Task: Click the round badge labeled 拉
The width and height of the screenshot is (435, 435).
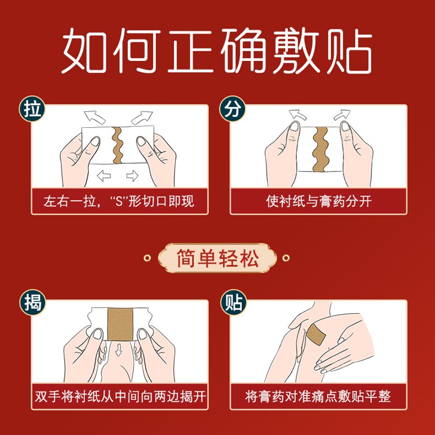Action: click(x=32, y=108)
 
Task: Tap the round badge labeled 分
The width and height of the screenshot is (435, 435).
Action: click(x=233, y=108)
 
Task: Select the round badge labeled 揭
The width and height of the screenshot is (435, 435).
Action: click(x=32, y=302)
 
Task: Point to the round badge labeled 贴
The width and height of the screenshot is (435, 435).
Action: click(x=233, y=302)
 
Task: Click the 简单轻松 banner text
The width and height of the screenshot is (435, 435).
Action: click(x=217, y=258)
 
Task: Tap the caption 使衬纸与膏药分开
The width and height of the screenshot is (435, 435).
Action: click(x=319, y=201)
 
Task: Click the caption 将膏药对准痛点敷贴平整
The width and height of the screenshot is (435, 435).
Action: click(x=318, y=396)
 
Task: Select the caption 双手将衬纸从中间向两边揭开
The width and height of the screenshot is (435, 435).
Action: click(x=120, y=396)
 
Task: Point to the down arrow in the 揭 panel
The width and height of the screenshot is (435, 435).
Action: click(x=119, y=350)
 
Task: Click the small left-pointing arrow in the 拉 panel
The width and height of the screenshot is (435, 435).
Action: click(x=104, y=176)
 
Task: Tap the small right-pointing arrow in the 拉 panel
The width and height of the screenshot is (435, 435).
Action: click(x=132, y=176)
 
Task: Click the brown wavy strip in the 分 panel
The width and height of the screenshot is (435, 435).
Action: click(x=320, y=149)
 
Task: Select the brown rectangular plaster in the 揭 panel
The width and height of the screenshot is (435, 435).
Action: click(x=120, y=324)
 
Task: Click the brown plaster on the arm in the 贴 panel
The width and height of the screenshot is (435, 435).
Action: click(x=316, y=334)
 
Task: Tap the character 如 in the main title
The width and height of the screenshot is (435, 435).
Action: click(x=84, y=51)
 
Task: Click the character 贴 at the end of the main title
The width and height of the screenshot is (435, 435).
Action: click(x=350, y=51)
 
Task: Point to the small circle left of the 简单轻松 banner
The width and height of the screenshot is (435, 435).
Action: click(x=147, y=258)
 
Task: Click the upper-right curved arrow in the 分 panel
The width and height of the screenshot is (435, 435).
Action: click(x=342, y=115)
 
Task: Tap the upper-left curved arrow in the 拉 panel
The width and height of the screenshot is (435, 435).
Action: click(x=95, y=117)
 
